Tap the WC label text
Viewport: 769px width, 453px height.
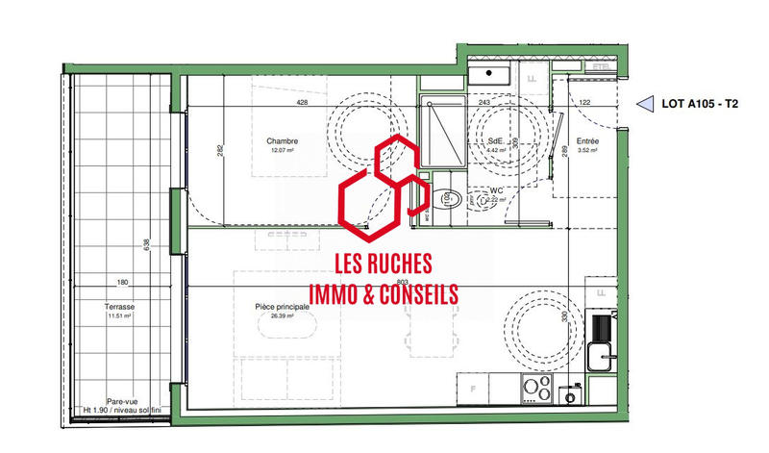(x=497, y=190)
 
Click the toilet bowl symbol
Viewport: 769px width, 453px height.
(x=447, y=199)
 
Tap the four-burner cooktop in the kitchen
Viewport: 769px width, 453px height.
(x=535, y=389)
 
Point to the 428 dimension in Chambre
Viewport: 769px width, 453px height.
(x=301, y=103)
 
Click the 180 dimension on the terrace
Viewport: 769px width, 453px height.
(x=122, y=283)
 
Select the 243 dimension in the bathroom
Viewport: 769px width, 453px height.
(x=484, y=103)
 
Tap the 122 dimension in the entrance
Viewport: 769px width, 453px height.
(x=583, y=103)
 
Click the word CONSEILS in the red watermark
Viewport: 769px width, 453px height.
(x=405, y=294)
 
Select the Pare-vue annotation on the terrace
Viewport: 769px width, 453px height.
(x=120, y=403)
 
